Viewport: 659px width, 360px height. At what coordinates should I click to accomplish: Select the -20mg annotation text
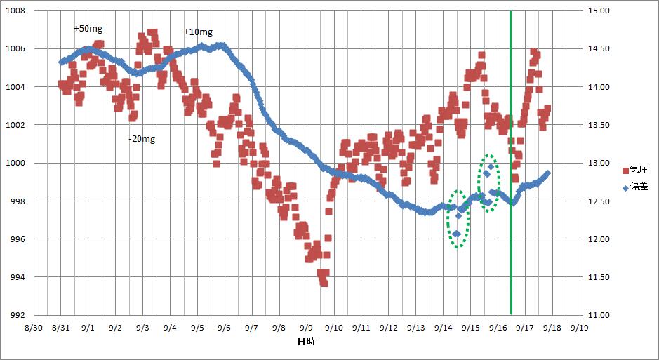[142, 139]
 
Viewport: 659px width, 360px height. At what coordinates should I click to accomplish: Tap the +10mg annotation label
[198, 32]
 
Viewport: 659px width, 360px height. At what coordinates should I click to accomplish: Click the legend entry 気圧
[634, 171]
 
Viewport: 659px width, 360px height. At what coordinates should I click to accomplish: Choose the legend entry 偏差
[634, 187]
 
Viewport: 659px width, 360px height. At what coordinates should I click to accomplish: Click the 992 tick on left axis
[16, 315]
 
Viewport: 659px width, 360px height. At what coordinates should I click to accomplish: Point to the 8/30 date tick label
[33, 327]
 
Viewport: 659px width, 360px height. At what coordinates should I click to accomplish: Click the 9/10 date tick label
[333, 327]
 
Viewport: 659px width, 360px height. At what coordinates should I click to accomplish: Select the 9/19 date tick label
[579, 327]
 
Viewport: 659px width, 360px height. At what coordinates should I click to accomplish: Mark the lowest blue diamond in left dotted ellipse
[456, 234]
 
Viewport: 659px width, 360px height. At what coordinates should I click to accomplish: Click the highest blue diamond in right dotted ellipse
[491, 167]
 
